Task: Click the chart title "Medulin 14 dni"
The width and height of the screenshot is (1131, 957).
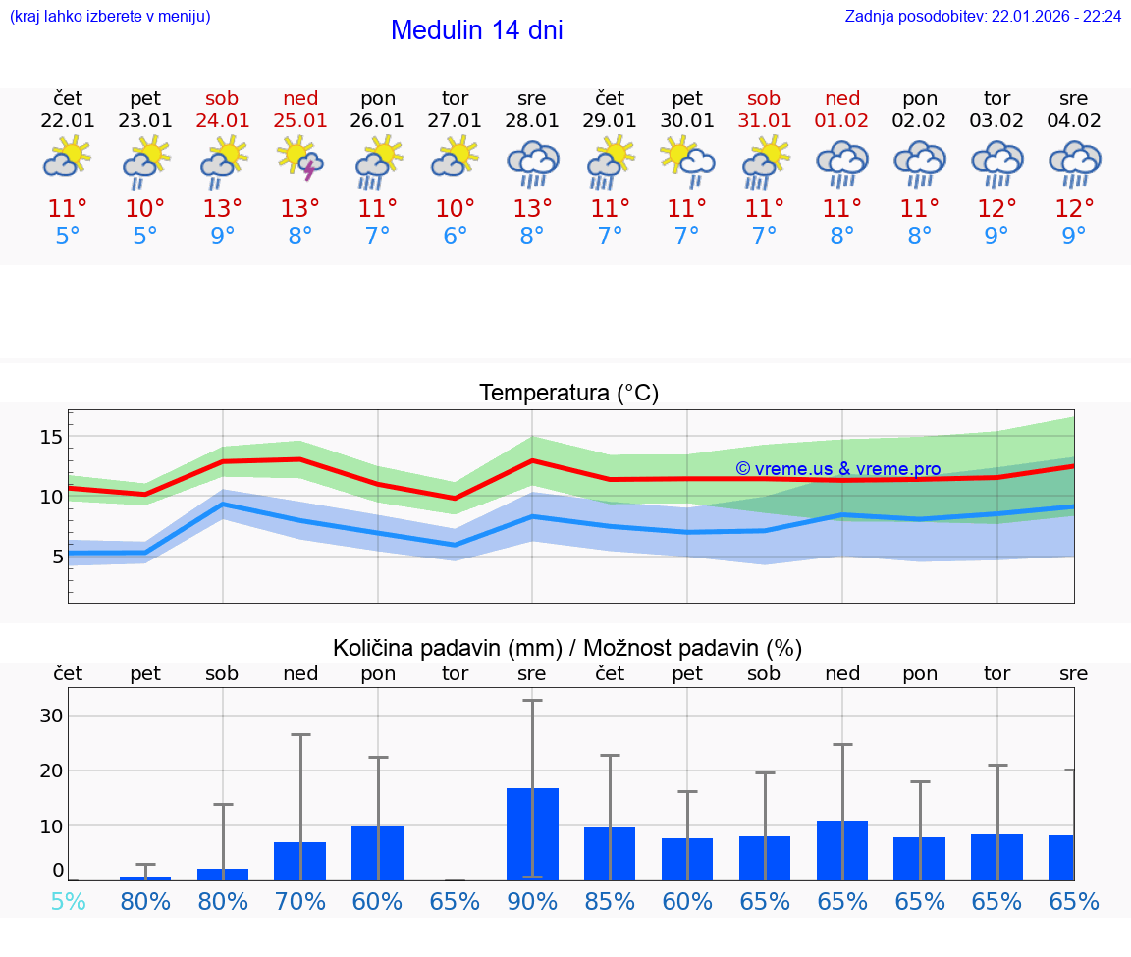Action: [x=476, y=30]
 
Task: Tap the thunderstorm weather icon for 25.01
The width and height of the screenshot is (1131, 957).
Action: [x=300, y=159]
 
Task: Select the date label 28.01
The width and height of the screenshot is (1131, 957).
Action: [x=532, y=121]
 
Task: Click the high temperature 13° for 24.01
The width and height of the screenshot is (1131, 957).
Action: [x=223, y=209]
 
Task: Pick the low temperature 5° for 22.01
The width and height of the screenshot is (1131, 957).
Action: [x=68, y=237]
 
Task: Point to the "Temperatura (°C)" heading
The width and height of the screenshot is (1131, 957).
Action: [x=568, y=394]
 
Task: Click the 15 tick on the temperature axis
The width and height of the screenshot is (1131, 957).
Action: [x=52, y=436]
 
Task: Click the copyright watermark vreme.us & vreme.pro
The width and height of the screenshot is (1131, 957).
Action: [x=837, y=469]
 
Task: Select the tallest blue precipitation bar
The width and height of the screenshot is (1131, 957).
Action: [x=532, y=833]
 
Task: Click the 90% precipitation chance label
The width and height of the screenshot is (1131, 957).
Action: [x=532, y=901]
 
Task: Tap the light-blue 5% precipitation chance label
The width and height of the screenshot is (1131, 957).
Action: [x=68, y=901]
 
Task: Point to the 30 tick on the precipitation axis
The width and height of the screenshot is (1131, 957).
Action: [x=52, y=716]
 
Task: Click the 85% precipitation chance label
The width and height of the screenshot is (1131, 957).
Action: [x=610, y=901]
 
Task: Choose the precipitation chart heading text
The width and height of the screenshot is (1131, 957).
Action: [x=567, y=648]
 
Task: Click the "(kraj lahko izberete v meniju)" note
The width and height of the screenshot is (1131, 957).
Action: [x=109, y=17]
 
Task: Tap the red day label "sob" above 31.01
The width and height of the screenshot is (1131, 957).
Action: [x=764, y=98]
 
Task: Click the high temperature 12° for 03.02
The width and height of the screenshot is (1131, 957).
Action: [x=996, y=209]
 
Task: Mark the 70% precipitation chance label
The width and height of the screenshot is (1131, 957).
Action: [x=300, y=901]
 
